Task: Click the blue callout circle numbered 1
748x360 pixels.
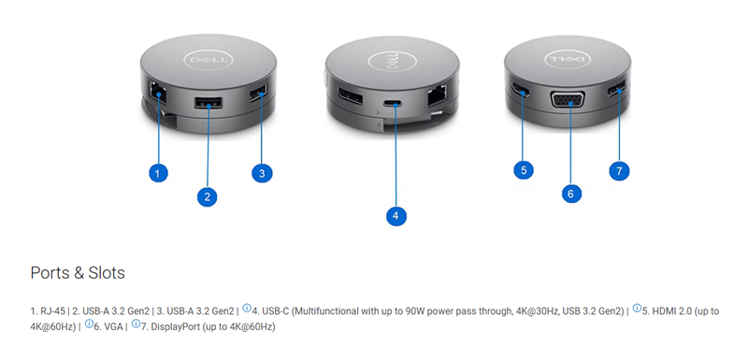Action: [158, 172]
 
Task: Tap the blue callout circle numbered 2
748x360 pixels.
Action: [207, 197]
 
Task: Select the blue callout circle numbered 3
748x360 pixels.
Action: [262, 173]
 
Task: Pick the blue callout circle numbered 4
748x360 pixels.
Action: [396, 216]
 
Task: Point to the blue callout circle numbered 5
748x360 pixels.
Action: [524, 170]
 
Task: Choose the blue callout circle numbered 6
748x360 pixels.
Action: [571, 193]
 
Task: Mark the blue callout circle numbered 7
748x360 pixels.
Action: [619, 170]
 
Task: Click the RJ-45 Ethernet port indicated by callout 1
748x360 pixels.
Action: [156, 91]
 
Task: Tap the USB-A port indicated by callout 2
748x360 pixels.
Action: [208, 103]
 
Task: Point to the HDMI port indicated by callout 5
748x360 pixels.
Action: [521, 89]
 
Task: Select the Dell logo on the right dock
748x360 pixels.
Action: [568, 60]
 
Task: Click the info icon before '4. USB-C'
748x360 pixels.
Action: [247, 308]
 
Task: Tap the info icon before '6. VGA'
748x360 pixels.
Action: [89, 324]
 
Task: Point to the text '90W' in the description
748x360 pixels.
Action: [415, 311]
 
